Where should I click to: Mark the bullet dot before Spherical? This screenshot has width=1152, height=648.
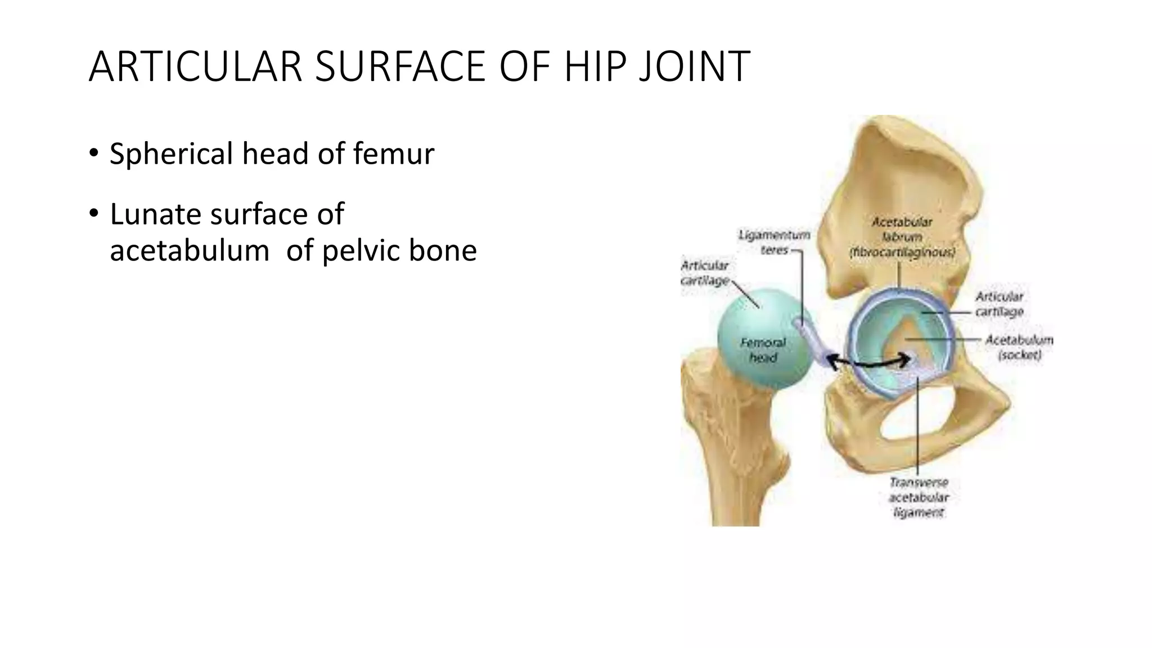tap(93, 153)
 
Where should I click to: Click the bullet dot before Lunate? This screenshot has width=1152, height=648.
tap(93, 214)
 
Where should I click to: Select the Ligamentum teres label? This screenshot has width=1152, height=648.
tap(774, 242)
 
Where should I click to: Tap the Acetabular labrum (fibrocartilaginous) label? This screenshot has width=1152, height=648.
tap(902, 237)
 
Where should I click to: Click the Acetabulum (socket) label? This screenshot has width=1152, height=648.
tap(1019, 347)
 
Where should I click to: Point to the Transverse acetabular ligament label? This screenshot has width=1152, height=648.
tap(919, 497)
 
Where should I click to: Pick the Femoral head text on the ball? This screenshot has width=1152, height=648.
tap(763, 349)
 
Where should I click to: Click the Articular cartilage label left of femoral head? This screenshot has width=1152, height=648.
tap(705, 273)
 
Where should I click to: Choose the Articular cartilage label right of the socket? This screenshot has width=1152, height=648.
tap(999, 304)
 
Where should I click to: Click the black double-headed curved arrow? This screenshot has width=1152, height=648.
tap(869, 363)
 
